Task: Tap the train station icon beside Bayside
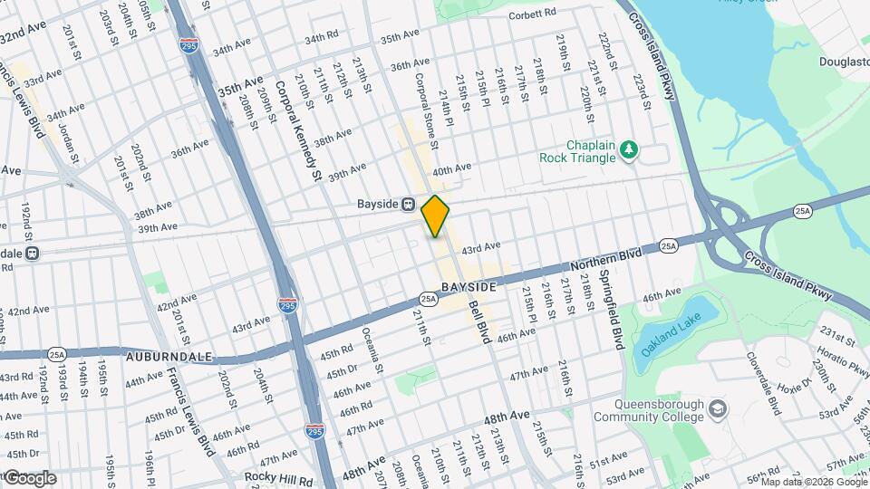coord(410,205)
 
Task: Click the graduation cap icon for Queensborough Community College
coord(719,410)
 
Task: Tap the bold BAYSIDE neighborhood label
coord(469,287)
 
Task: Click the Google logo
coord(29,478)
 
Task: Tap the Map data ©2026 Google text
coord(817,483)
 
